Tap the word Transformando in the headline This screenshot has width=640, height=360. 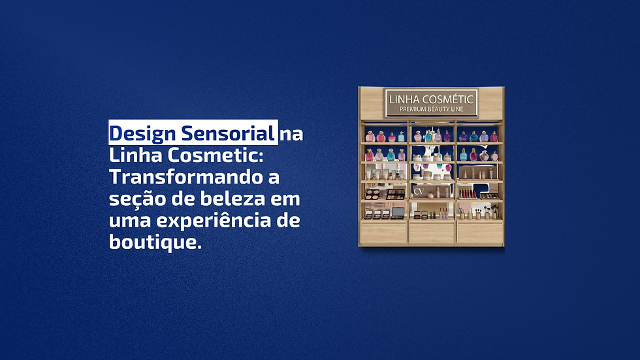click(182, 177)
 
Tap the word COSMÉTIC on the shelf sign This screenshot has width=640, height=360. click(450, 99)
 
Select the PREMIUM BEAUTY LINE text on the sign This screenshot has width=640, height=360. click(432, 109)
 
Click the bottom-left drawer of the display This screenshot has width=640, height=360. click(383, 233)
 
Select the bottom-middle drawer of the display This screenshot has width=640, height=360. click(432, 233)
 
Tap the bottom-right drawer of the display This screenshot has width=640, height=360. click(480, 233)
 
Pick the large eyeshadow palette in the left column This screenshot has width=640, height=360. click(396, 194)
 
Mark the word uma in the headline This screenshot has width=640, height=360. click(128, 221)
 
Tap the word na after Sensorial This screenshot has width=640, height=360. click(291, 134)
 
